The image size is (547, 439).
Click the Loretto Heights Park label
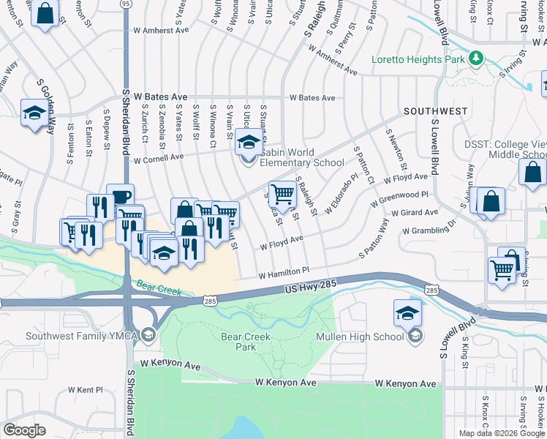coord(418,59)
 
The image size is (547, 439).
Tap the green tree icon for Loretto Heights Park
coord(476,57)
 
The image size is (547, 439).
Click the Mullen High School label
coord(359,337)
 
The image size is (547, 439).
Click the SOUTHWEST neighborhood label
coord(434,111)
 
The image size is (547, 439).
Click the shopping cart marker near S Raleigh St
coord(282,194)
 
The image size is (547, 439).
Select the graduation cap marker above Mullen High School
coord(407,312)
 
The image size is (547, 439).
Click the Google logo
coord(25,429)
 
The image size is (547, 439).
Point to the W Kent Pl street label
coord(86,391)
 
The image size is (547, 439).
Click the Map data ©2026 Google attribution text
coord(502,433)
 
